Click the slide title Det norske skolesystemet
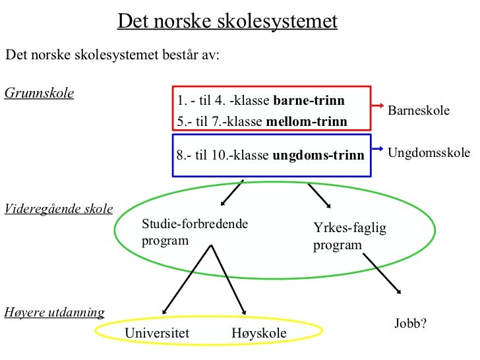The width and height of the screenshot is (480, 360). pos(227,22)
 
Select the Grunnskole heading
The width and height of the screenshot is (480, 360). pos(39,92)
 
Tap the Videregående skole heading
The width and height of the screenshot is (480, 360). pos(58,210)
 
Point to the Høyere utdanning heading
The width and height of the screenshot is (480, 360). pos(54,311)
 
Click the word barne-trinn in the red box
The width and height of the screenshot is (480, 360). pos(309,101)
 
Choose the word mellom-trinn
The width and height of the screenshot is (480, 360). pos(306,122)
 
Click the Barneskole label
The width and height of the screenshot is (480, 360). pos(419,110)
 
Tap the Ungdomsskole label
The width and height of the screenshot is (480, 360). pos(429,153)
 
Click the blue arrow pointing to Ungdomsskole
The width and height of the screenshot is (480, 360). pos(379,148)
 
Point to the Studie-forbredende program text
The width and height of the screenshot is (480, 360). pos(195,232)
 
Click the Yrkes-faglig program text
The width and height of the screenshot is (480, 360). pos(349,237)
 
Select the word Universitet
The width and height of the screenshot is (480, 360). pos(157,334)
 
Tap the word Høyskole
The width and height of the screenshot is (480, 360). pos(259,334)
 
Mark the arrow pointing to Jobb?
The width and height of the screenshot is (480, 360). pos(382,271)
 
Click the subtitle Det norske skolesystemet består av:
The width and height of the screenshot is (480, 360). pos(112,54)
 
